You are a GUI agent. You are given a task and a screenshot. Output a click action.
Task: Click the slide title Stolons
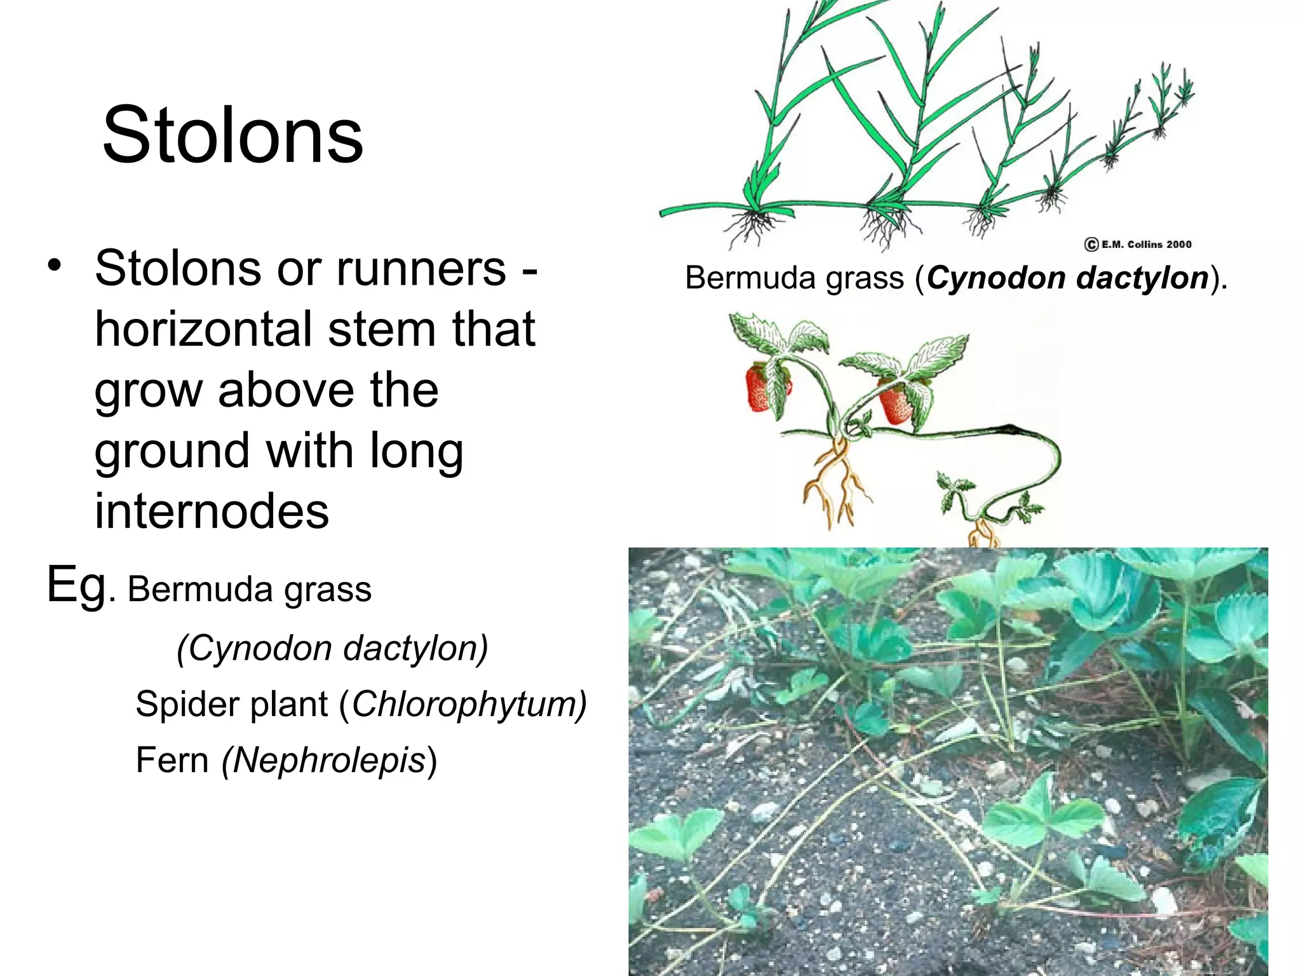click(x=233, y=135)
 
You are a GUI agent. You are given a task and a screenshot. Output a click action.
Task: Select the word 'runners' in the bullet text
click(x=421, y=269)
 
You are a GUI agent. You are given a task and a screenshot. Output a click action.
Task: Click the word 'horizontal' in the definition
click(x=204, y=329)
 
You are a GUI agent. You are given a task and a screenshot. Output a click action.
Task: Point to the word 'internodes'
click(x=212, y=510)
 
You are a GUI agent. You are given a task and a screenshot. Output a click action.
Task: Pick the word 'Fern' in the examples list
click(x=172, y=760)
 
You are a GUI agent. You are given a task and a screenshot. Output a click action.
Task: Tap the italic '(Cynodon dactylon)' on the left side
click(x=332, y=648)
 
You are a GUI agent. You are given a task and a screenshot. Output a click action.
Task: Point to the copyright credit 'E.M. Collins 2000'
click(x=1138, y=244)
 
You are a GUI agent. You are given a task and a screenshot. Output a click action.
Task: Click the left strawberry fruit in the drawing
click(x=760, y=388)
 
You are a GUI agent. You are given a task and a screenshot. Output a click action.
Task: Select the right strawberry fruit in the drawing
click(x=896, y=402)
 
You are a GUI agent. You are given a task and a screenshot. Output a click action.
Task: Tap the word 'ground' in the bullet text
click(x=172, y=451)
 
